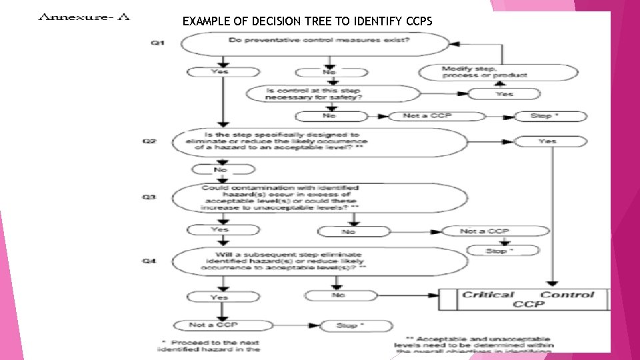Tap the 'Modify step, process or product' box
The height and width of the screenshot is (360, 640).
tap(484, 72)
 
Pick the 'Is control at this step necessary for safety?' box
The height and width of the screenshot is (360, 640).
tap(313, 94)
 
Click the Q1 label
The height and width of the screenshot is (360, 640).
tap(158, 43)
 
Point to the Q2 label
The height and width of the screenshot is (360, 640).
tap(151, 141)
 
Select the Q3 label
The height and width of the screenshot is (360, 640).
tap(151, 197)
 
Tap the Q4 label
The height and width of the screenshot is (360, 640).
tap(151, 261)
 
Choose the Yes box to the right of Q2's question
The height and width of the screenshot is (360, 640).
tap(547, 141)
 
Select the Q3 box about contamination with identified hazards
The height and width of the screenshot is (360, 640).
tap(320, 198)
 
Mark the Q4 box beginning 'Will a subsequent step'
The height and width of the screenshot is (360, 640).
tap(320, 261)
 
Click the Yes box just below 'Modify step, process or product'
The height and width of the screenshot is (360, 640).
tap(505, 94)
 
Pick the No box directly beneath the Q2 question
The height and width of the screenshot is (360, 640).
tap(219, 169)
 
